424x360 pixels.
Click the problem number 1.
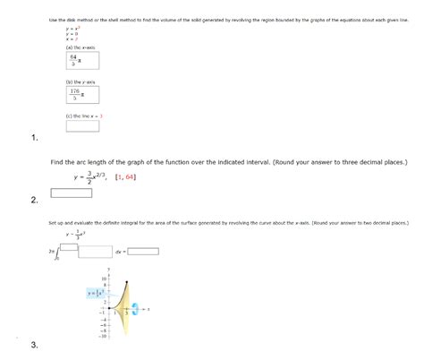point(34,139)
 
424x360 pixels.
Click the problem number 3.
point(34,346)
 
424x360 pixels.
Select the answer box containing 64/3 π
point(75,60)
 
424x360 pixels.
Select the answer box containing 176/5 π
point(75,96)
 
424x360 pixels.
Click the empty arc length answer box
point(72,193)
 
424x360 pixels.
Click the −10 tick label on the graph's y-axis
point(103,338)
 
